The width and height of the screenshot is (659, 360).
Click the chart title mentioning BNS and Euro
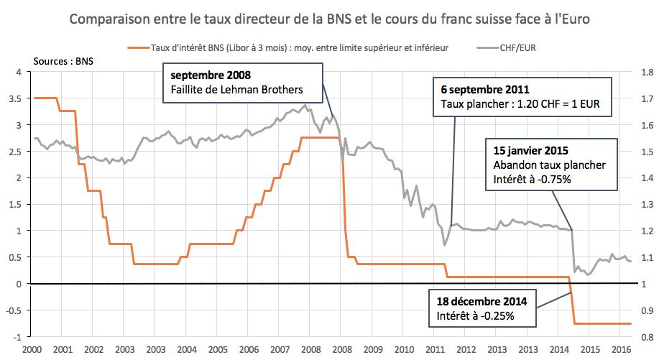[x=329, y=20]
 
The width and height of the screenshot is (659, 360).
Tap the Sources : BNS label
[x=63, y=61]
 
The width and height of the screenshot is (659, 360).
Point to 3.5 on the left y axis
[x=16, y=98]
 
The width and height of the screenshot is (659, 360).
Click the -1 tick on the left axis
[x=17, y=336]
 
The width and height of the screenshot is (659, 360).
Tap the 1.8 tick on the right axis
[x=645, y=72]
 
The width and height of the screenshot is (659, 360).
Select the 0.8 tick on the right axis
[x=645, y=336]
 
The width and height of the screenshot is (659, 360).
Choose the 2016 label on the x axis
[x=620, y=349]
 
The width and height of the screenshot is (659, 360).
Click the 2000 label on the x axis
[x=32, y=349]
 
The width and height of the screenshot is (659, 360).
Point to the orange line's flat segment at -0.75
[x=604, y=323]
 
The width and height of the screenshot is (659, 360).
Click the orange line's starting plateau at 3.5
[x=45, y=98]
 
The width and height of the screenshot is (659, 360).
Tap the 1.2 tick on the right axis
[x=645, y=231]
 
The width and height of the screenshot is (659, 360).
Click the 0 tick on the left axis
[x=20, y=283]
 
